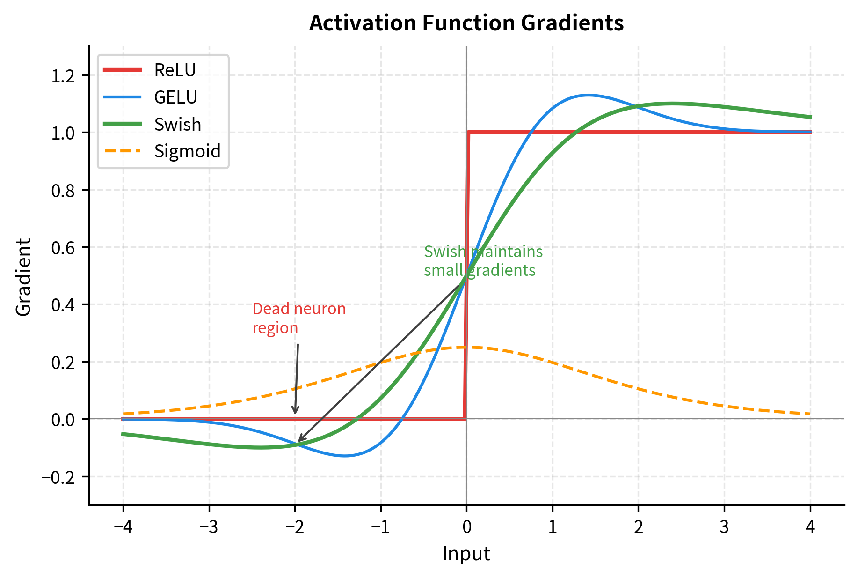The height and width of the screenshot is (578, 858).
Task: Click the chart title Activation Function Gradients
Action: [466, 23]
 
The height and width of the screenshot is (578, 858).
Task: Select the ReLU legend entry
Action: [175, 70]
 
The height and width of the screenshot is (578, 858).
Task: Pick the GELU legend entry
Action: [175, 97]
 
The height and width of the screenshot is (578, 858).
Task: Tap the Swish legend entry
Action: [177, 125]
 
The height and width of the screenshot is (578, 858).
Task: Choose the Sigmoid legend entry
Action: [187, 151]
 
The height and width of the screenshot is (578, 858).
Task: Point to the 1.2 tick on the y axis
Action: [63, 75]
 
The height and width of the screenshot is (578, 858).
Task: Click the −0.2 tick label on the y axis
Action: [58, 477]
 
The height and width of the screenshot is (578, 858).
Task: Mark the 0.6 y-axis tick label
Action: [63, 248]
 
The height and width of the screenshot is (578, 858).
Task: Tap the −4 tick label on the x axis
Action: [123, 527]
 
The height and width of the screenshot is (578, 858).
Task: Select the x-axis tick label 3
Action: [724, 527]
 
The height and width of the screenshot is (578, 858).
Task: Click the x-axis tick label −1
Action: [380, 527]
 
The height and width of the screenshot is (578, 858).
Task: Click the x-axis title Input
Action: [466, 554]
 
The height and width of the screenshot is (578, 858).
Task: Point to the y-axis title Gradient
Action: [23, 277]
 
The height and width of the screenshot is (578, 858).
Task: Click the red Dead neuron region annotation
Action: [298, 319]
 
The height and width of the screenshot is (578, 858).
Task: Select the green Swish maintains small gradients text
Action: [483, 261]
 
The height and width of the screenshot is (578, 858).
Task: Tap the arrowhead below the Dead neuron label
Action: [295, 411]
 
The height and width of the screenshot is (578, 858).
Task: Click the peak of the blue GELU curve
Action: [588, 95]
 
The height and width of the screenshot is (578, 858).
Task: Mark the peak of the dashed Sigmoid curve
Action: [467, 347]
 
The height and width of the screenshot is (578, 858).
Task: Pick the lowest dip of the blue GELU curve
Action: [345, 456]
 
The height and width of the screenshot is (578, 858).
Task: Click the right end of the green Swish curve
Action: [810, 117]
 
